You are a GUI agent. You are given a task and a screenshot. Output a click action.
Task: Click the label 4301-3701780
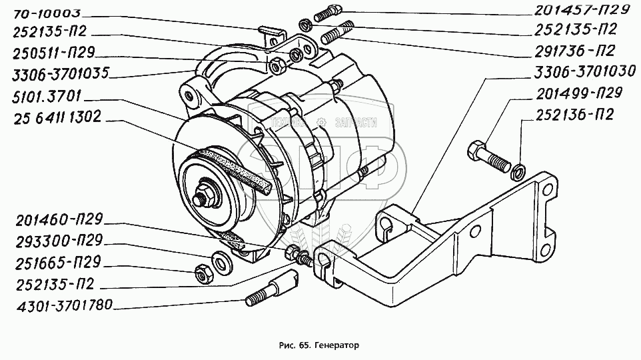(x=57, y=307)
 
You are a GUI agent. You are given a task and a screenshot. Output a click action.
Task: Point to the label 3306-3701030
(x=581, y=70)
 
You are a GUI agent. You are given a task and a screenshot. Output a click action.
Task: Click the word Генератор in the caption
(x=335, y=347)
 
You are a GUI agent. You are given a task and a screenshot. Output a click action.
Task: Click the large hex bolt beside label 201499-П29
(x=488, y=155)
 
